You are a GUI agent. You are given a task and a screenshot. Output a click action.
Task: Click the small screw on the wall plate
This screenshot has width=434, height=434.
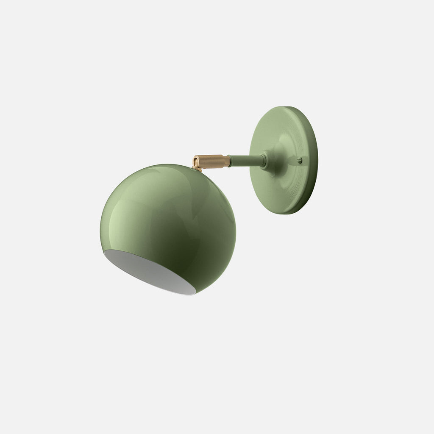click(x=300, y=160)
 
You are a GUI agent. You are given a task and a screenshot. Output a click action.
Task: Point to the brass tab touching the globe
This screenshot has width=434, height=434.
click(x=197, y=168)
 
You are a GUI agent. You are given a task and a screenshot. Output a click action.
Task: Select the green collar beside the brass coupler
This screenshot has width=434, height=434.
click(x=229, y=161)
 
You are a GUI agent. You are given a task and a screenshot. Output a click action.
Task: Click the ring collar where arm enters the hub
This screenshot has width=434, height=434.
click(x=264, y=160)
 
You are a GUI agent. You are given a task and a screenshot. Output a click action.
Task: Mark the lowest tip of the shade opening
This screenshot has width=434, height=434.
click(x=193, y=294)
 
